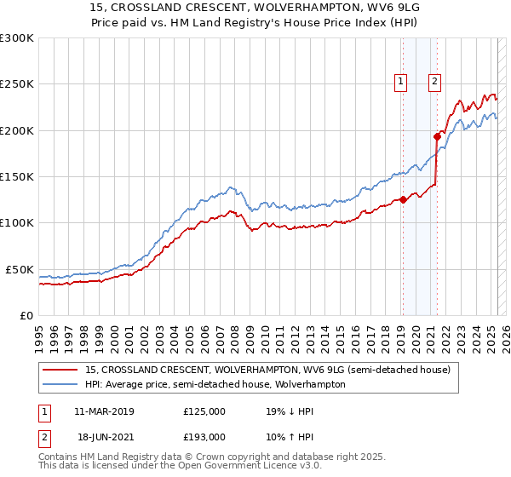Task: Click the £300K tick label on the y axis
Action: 17,38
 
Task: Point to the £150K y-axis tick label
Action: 17,177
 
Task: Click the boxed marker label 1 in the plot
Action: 400,82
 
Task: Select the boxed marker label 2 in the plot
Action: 434,82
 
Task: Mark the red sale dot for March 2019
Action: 403,200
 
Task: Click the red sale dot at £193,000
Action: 437,136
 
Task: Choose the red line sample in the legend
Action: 61,369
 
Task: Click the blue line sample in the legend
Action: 61,384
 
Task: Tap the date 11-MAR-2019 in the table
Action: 105,411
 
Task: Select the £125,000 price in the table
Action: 204,411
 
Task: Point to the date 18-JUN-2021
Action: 105,436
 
